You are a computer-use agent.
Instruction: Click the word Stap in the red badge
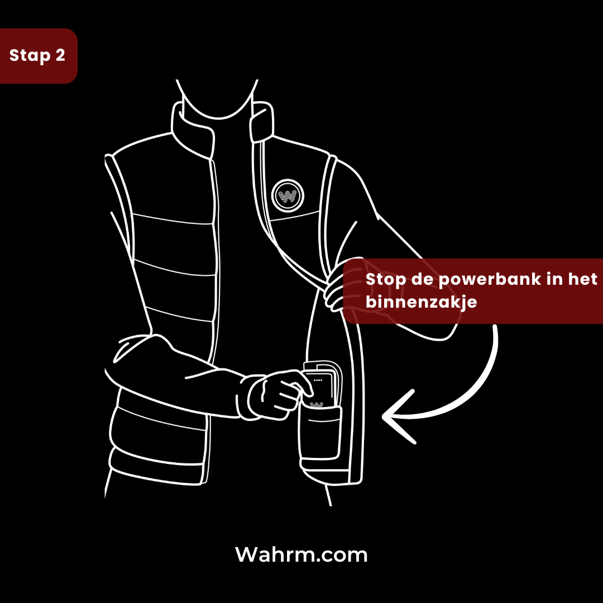point(30,55)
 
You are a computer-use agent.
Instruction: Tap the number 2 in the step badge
point(60,55)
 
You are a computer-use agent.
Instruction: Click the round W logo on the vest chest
point(288,196)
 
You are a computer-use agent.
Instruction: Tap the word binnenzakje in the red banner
point(421,302)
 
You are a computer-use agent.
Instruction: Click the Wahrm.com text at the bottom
point(301,554)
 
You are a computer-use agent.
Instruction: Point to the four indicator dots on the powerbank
point(318,380)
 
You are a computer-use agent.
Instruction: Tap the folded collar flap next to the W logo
point(261,122)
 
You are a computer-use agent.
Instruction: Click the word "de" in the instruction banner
point(422,279)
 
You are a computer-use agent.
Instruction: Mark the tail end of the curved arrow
point(495,327)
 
